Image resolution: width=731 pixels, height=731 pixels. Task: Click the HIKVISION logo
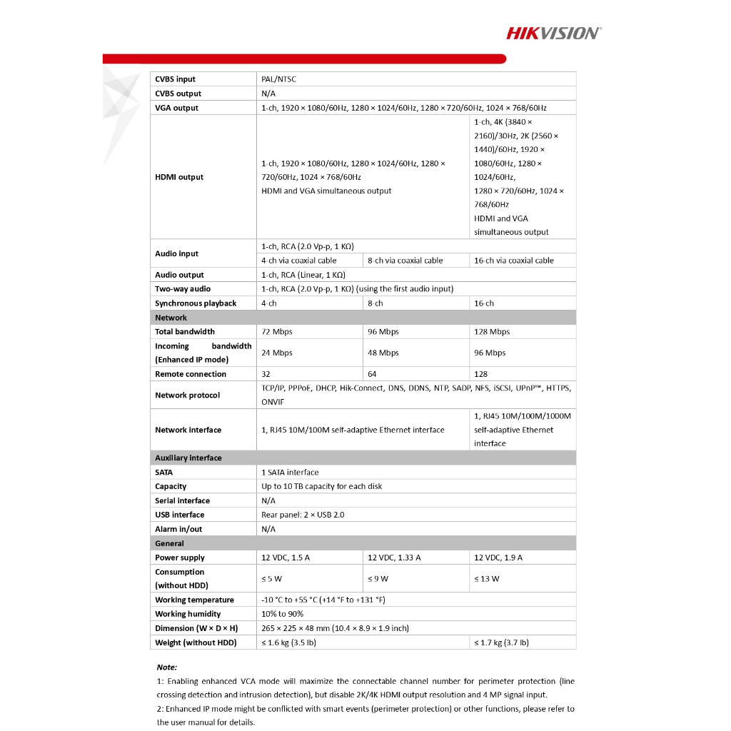(554, 32)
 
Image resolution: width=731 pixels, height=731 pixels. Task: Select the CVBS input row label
(175, 79)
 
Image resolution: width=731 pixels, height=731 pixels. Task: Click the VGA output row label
(176, 108)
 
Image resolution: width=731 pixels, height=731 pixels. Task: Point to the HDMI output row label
(179, 177)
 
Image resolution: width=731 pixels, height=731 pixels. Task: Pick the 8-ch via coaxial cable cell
(405, 261)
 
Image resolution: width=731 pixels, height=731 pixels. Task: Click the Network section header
(171, 318)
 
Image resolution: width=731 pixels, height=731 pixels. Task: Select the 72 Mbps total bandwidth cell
(277, 332)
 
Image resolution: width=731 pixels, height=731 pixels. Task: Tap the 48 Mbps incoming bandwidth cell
(383, 353)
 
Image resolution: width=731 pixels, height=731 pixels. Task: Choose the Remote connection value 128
(481, 374)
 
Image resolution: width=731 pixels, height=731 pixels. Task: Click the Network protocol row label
(187, 395)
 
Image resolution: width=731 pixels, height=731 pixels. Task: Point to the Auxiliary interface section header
(188, 458)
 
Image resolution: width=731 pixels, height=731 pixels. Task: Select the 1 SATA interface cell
(290, 473)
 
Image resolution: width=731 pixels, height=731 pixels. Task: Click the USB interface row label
(179, 515)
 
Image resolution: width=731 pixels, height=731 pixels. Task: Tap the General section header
(170, 543)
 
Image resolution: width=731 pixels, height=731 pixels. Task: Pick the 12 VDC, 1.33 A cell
(394, 558)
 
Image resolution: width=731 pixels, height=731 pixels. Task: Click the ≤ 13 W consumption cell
(487, 578)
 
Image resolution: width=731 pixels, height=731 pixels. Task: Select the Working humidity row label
(188, 614)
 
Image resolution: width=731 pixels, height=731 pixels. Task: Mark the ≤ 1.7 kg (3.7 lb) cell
(502, 642)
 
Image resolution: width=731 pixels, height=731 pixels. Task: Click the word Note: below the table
(167, 667)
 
